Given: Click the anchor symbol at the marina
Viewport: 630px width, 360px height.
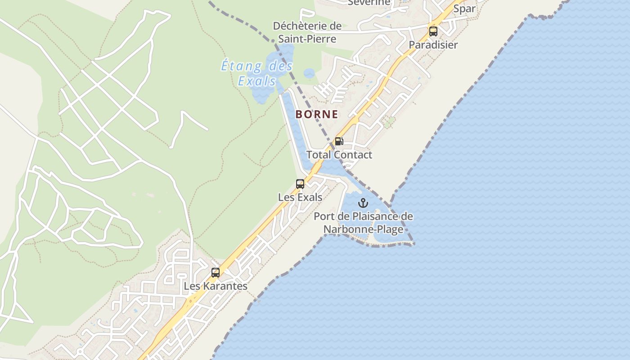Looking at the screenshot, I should (x=363, y=203).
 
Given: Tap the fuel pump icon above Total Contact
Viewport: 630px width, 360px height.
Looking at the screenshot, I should (x=339, y=141).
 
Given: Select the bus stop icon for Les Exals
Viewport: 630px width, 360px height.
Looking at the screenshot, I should (x=300, y=184).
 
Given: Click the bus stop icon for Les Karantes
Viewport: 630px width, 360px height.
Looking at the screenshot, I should (x=216, y=272).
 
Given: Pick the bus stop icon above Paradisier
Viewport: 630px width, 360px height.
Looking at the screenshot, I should (x=433, y=31).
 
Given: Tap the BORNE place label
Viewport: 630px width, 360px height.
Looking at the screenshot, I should (x=317, y=114).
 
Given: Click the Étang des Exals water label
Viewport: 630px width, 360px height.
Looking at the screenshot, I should (x=256, y=73).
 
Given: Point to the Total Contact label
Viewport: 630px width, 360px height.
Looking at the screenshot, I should (x=339, y=155).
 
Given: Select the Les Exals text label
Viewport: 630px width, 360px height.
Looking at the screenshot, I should (x=300, y=197).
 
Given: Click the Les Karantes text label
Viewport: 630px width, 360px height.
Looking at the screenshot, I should (x=216, y=286).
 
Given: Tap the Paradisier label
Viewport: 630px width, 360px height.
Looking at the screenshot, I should (x=433, y=45).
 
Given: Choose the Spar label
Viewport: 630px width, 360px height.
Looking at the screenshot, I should (x=464, y=9).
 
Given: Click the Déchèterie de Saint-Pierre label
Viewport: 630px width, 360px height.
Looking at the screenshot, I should (x=307, y=32).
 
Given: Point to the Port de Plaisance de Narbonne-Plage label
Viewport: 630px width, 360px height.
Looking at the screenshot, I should (x=363, y=223).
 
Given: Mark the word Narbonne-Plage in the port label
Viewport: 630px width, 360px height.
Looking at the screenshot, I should (x=364, y=229).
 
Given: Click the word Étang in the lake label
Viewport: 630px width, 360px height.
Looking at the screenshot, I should (x=241, y=67).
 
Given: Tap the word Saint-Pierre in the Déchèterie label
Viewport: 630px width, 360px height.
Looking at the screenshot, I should (x=307, y=39).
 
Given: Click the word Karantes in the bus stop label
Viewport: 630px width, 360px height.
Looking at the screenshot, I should (x=223, y=286).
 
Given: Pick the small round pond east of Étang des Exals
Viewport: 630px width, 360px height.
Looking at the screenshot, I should (x=309, y=73).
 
